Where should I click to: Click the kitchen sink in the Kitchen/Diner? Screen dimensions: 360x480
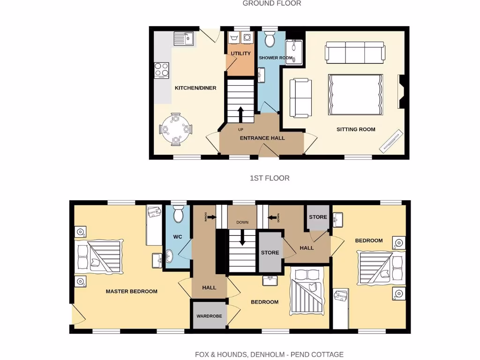click(x=184, y=38)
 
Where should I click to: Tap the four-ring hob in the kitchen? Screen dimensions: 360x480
click(x=162, y=70)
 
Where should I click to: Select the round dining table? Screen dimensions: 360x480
click(x=176, y=128)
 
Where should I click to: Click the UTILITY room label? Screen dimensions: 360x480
click(x=240, y=53)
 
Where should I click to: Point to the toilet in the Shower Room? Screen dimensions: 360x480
click(x=270, y=40)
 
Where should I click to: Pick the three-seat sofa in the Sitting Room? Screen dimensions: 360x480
click(x=355, y=52)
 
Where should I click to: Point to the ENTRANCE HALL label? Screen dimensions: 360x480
click(x=262, y=138)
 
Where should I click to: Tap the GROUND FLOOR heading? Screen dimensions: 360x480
click(x=272, y=3)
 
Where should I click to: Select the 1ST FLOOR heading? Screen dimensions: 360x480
click(x=270, y=178)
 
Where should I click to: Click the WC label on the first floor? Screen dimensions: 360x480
click(x=178, y=237)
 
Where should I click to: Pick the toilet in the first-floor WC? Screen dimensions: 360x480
click(x=178, y=215)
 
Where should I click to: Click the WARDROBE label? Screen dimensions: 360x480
click(x=209, y=316)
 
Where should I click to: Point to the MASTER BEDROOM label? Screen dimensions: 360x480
click(x=131, y=291)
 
